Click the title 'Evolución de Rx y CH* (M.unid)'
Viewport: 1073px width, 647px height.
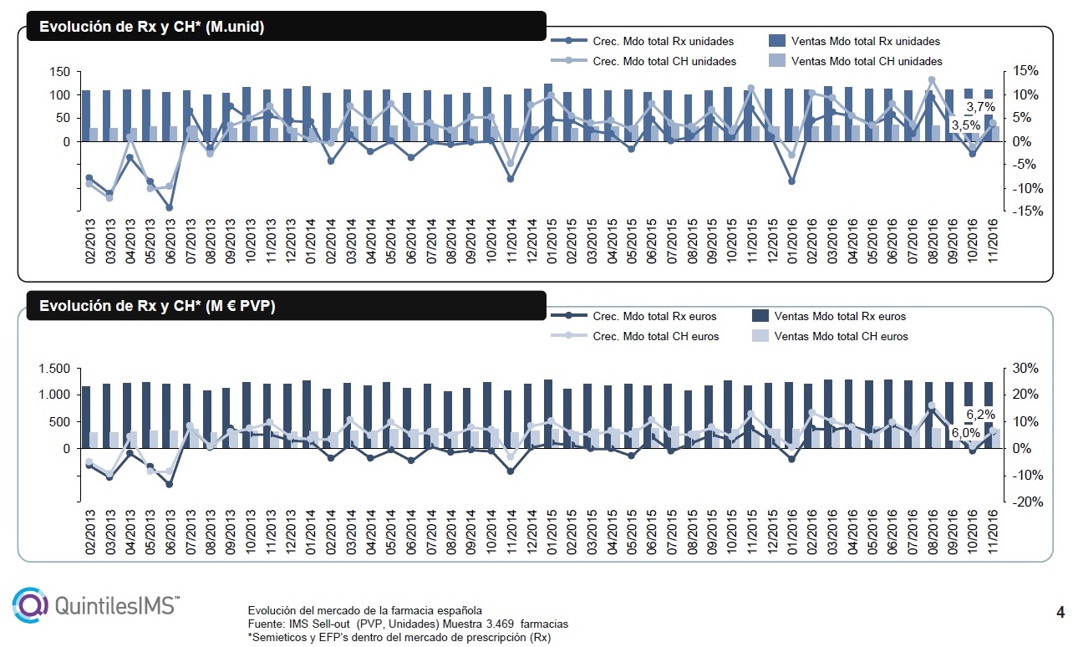[151, 27]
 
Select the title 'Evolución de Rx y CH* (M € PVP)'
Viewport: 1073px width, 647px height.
[157, 306]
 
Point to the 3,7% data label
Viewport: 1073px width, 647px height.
[980, 106]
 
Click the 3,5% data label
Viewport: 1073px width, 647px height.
[965, 125]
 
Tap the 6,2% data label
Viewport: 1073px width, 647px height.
[980, 414]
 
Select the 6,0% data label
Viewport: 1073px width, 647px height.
[965, 433]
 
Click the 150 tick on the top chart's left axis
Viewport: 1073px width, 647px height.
[59, 72]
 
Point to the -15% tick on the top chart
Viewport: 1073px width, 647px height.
[1027, 211]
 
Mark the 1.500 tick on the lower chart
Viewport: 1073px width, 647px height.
[54, 369]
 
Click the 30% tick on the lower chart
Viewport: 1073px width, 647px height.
[1025, 368]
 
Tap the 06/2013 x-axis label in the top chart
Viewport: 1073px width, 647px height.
[170, 242]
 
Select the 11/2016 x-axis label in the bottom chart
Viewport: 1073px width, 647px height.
[993, 532]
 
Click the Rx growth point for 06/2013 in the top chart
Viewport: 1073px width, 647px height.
[169, 208]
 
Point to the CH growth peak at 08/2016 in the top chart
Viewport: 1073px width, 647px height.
[932, 80]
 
